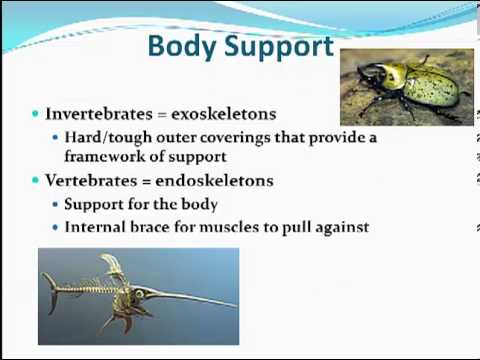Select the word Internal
coord(95,227)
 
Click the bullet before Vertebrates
coord(36,181)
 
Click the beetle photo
coord(405,86)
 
